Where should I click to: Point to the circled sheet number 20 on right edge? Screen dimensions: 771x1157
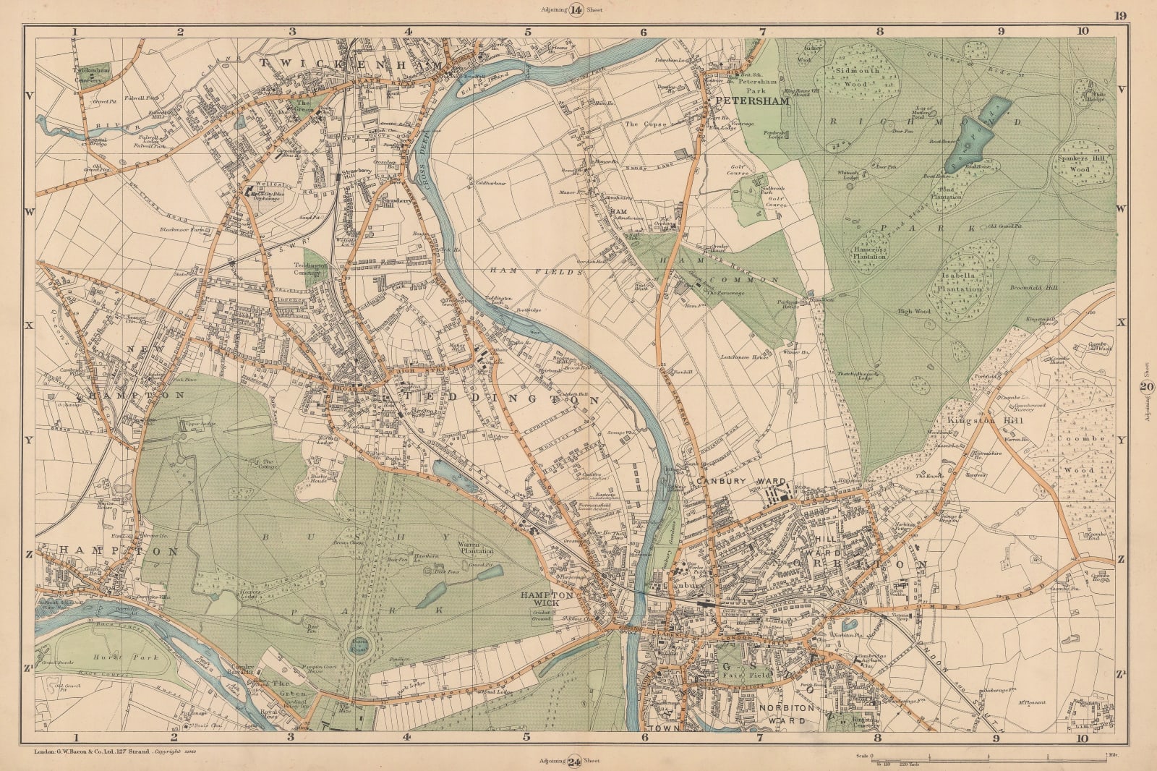[1145, 388]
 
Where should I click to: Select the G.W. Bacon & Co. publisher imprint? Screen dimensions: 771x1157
[101, 752]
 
